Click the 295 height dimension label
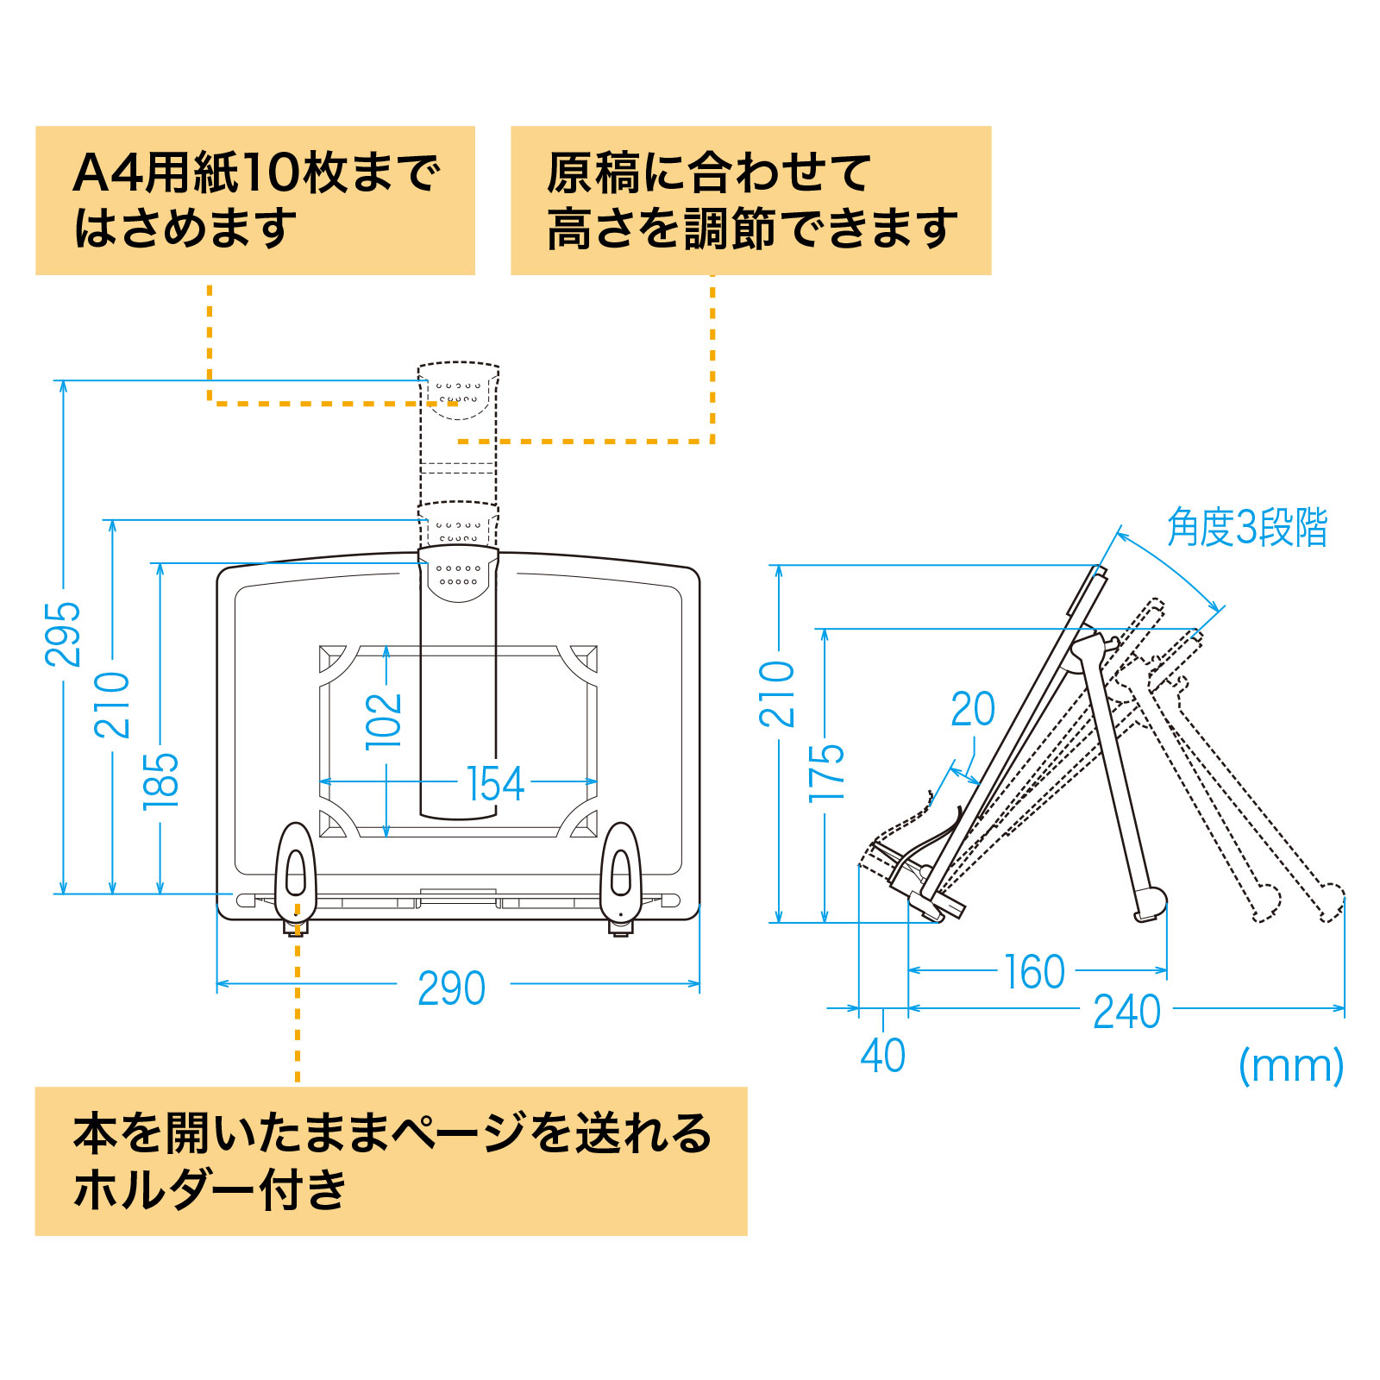(x=62, y=634)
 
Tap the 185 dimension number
(x=160, y=781)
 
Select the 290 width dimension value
(x=451, y=988)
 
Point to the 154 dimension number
(x=495, y=784)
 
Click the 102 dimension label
(x=384, y=721)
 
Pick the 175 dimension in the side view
(x=826, y=772)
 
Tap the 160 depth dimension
(x=1034, y=973)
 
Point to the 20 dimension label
(x=973, y=710)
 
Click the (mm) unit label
(x=1290, y=1066)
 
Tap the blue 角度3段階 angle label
(x=1246, y=528)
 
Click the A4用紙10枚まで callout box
(x=255, y=201)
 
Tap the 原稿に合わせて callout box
(x=750, y=201)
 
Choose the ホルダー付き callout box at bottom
(x=391, y=1161)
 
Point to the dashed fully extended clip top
(x=458, y=392)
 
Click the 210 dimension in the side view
(x=777, y=694)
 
